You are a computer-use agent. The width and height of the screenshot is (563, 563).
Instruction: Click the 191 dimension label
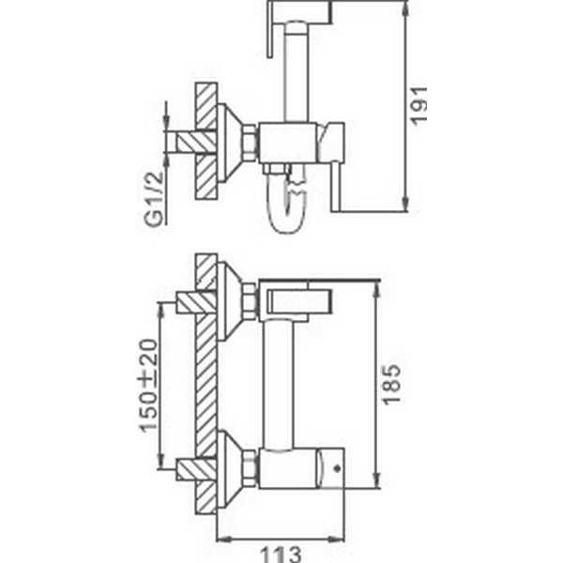(419, 106)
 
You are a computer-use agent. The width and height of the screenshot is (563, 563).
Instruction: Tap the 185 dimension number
(391, 385)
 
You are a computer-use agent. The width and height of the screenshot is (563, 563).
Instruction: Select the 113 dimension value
(281, 555)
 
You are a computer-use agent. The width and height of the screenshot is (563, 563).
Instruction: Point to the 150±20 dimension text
(148, 386)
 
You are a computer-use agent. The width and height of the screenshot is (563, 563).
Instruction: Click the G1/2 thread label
(154, 199)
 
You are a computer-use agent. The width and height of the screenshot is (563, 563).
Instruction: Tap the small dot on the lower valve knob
(337, 468)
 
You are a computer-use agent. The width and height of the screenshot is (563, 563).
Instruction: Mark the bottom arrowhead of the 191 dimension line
(405, 204)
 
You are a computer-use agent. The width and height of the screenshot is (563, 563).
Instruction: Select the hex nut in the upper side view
(251, 143)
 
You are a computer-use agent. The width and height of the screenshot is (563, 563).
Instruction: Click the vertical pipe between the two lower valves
(278, 385)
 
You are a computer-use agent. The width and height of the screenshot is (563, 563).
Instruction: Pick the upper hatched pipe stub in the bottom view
(197, 303)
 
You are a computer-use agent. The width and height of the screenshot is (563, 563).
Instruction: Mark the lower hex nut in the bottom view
(251, 469)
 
